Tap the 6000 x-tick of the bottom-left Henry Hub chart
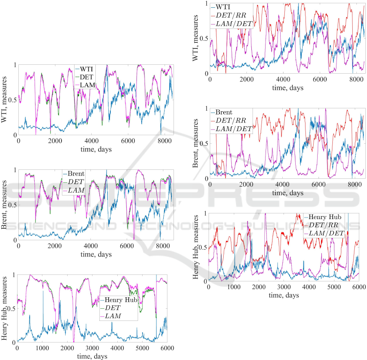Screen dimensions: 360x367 tap(167, 349)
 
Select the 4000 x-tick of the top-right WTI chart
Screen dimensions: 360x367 tap(282, 80)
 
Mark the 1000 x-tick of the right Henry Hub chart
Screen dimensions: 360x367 tap(234, 287)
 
